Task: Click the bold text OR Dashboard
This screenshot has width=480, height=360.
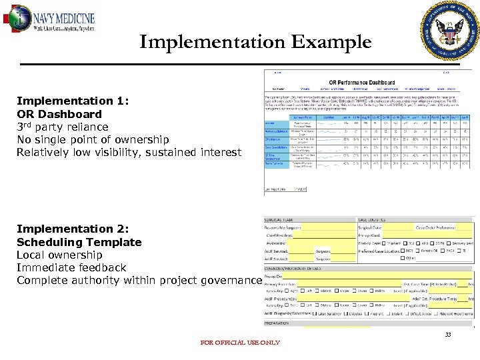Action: [59, 114]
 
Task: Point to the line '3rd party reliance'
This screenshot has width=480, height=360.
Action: [62, 127]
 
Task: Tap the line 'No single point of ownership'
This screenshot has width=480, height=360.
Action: [93, 139]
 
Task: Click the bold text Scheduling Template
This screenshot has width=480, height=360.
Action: [79, 242]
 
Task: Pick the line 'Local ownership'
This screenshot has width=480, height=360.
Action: [59, 255]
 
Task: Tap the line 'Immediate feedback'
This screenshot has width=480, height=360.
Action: [71, 267]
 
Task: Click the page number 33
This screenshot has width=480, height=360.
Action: [448, 335]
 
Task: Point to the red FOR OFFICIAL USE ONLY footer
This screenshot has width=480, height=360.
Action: [240, 343]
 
